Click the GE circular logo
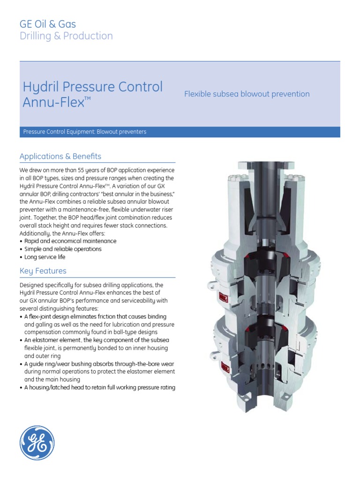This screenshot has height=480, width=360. point(37,442)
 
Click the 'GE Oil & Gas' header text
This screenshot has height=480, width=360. point(47,24)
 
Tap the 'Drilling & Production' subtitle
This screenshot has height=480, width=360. point(66,36)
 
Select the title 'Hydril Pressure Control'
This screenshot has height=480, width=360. point(92,87)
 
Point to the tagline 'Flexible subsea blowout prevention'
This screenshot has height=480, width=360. point(247,94)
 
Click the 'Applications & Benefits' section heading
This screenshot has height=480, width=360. point(60,156)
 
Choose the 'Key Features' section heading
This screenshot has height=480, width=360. point(43,271)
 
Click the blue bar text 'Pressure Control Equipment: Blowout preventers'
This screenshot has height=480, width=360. point(85,132)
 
